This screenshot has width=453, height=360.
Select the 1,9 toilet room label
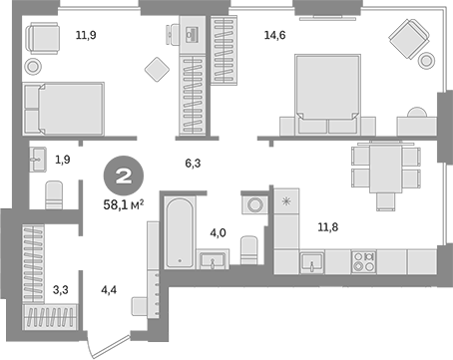point(63,159)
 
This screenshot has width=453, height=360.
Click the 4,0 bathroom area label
point(218,235)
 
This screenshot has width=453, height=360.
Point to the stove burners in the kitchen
point(364,264)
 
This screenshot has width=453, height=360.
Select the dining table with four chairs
point(379,167)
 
